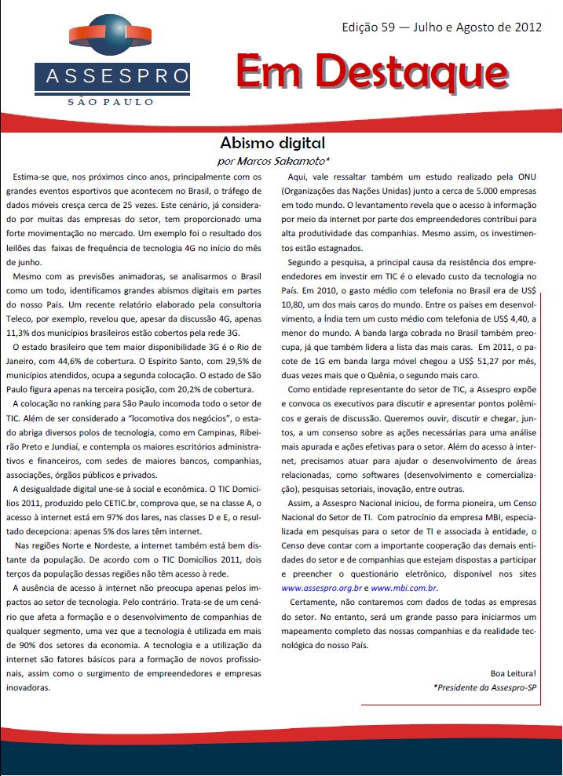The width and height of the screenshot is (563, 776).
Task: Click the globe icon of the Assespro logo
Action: point(111,38)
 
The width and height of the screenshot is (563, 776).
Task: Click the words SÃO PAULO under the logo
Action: point(112,102)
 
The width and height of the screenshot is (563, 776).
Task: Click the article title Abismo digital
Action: point(272,144)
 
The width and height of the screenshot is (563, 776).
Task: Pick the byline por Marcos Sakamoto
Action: point(272,160)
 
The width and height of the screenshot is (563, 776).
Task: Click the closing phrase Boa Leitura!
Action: point(512,672)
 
